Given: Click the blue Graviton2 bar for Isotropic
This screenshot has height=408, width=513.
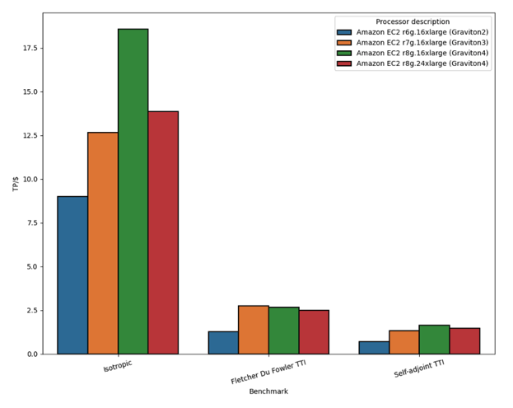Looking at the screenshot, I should (72, 275).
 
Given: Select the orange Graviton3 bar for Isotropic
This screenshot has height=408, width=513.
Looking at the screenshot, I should (103, 243).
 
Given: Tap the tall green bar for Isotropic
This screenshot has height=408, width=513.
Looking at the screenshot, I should (133, 191).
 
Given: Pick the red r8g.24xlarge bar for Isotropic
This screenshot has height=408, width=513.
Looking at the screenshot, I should (163, 232).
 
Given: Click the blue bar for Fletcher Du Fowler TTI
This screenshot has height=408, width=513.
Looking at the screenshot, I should (223, 343).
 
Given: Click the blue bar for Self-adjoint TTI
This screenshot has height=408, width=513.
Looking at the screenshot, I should (374, 348).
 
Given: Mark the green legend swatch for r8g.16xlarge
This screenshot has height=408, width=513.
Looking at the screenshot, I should (344, 53).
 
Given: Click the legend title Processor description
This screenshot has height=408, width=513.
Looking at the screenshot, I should (413, 21).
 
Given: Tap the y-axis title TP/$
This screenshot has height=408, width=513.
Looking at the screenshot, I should (14, 184).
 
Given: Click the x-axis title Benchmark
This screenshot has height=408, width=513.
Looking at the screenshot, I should (268, 392).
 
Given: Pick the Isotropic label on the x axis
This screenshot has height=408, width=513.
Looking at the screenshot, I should (118, 366).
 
